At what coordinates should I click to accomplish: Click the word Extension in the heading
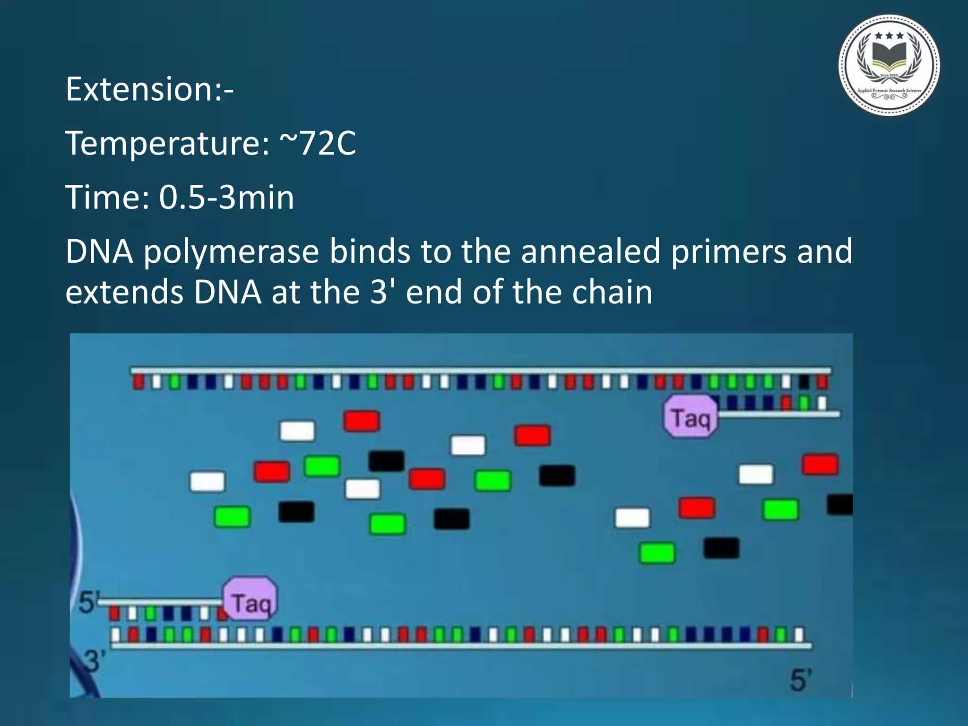[139, 89]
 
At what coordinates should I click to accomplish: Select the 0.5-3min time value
[226, 198]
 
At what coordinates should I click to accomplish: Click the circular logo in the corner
[889, 65]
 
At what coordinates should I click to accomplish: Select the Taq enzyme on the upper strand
[691, 417]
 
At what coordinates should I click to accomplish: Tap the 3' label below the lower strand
[93, 661]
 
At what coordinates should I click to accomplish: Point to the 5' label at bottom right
[800, 680]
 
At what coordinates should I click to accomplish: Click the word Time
[107, 198]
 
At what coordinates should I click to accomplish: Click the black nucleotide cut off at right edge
[841, 504]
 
